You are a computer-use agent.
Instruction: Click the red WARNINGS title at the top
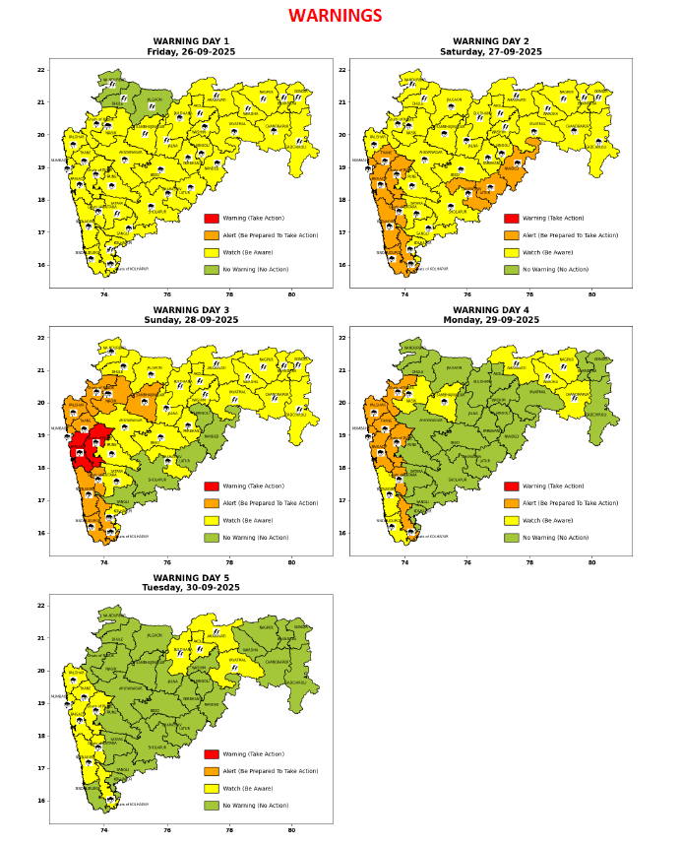pos(335,17)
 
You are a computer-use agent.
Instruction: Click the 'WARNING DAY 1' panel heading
pos(191,41)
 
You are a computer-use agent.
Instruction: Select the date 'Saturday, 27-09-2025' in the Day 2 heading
pos(490,52)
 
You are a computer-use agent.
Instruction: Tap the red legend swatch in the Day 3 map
pos(212,487)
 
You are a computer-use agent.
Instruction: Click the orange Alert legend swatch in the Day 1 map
pos(212,235)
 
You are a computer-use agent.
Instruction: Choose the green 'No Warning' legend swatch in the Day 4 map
pos(512,538)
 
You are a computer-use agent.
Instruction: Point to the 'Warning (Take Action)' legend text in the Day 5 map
pos(256,754)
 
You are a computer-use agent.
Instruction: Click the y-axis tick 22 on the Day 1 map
pos(40,70)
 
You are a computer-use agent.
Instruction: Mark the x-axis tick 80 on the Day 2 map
pos(591,294)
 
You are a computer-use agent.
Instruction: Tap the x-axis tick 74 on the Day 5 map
pos(104,830)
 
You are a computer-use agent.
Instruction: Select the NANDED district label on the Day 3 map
pos(212,436)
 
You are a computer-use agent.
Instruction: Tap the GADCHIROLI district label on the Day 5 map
pos(296,682)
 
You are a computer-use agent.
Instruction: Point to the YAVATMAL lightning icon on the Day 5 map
pos(234,668)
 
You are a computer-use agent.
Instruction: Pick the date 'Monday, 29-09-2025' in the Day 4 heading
pos(490,320)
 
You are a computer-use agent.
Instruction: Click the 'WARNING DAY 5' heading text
pos(191,577)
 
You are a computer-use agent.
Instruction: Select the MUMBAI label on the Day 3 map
pos(58,428)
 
